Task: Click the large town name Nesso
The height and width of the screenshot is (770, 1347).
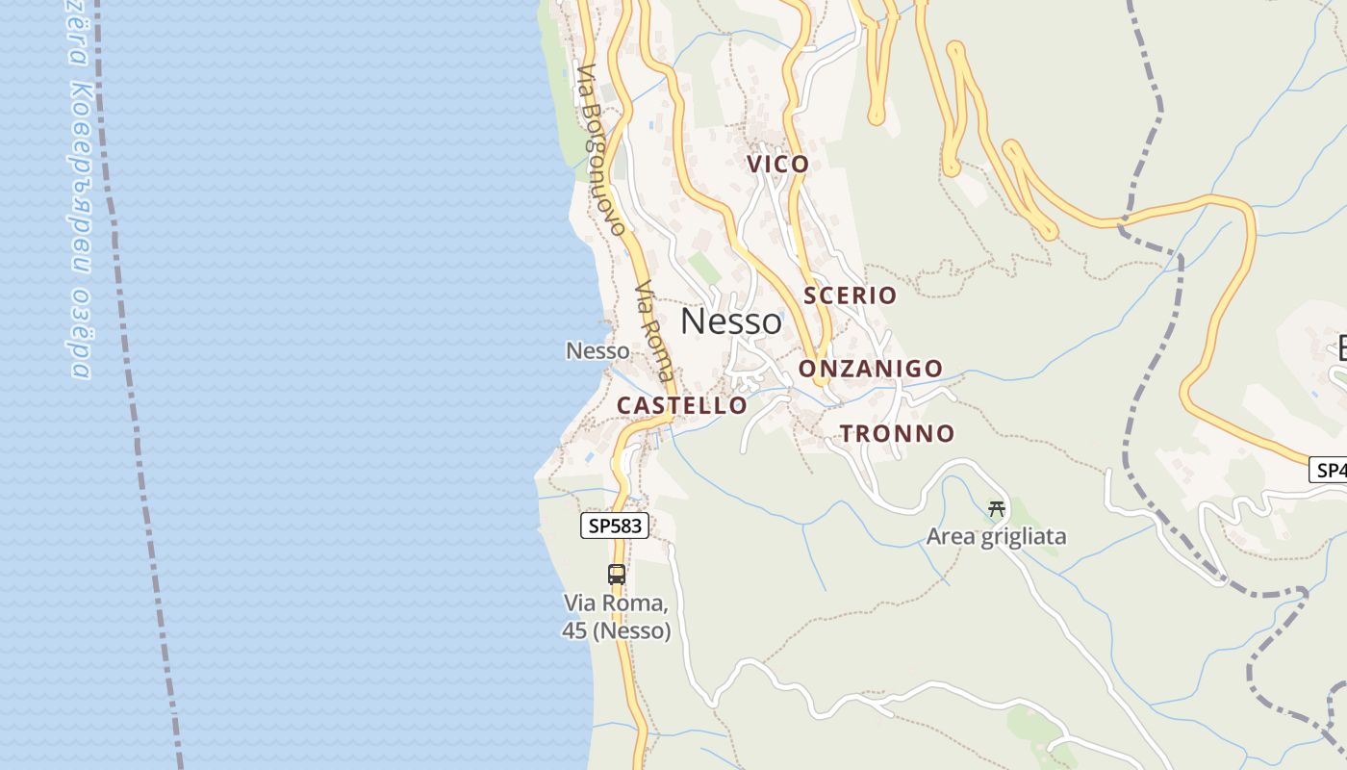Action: coord(731,321)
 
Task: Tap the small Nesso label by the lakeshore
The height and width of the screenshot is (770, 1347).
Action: coord(597,351)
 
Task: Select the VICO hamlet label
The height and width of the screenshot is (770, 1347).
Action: coord(778,165)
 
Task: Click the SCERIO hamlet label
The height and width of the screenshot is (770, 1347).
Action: coord(850,295)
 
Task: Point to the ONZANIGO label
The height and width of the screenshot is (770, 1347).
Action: coord(871,369)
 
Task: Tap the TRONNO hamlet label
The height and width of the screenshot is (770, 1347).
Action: coord(897,434)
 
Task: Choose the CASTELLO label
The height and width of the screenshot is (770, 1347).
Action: coord(681,406)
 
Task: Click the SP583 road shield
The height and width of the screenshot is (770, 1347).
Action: coord(615,526)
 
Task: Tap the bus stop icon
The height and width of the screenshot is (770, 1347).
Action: coord(617,575)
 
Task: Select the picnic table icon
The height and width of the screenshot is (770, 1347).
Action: coord(997,509)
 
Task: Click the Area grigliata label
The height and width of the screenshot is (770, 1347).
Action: coord(996,537)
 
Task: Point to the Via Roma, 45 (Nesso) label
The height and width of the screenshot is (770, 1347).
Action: coord(617,618)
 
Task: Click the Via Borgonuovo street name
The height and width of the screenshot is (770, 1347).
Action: coord(600,149)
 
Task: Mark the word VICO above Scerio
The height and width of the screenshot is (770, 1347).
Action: coord(778,165)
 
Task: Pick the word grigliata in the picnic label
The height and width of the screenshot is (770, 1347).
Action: coord(1023,537)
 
